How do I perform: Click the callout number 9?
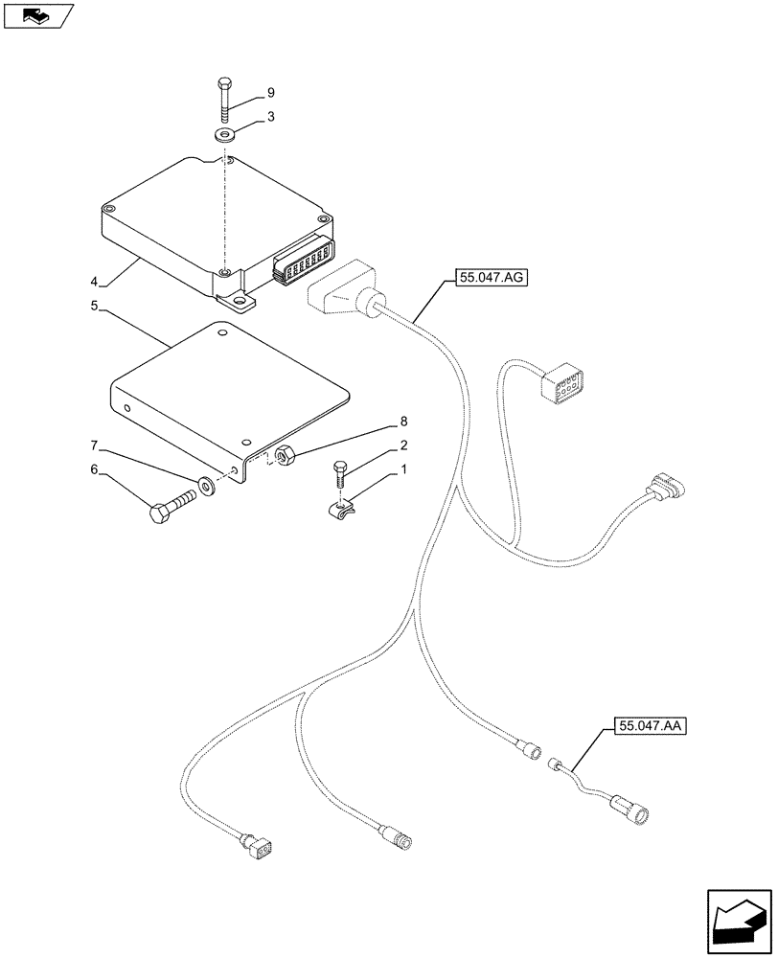pos(270,93)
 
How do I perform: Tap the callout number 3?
pos(271,117)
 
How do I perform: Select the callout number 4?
pos(94,282)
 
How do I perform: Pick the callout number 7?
pos(94,445)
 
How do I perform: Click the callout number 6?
pos(94,469)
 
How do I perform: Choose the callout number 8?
pos(403,422)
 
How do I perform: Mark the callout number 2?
pos(403,445)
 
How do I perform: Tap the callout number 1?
pos(403,469)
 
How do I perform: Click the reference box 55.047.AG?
pos(486,279)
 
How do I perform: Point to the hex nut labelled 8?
pos(284,456)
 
